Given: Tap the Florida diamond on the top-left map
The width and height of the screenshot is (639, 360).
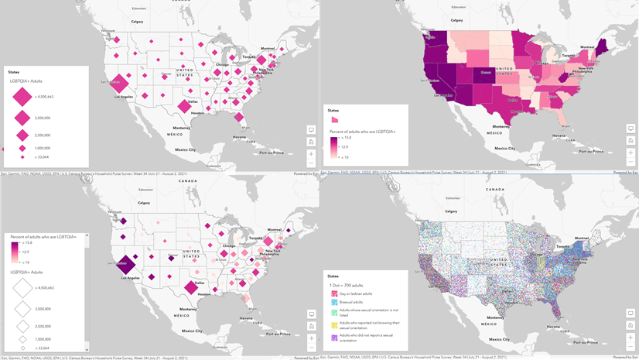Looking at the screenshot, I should click(240, 118).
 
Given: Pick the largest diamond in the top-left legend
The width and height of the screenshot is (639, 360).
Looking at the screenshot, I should click(22, 97).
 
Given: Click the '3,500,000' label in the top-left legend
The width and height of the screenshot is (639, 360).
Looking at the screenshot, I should click(43, 118).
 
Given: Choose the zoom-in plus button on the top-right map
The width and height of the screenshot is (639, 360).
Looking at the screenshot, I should click(630, 153).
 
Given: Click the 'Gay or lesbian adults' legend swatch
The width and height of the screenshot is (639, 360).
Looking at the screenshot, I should click(334, 294).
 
